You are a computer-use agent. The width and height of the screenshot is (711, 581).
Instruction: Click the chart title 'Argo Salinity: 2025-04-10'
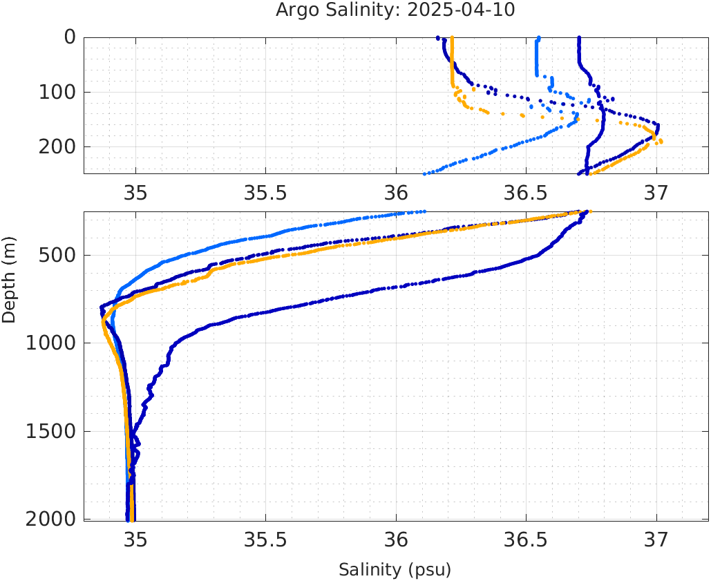(395, 10)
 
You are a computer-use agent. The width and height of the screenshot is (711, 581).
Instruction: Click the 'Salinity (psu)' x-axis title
(395, 570)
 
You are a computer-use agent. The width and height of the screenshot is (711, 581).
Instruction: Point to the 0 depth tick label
(70, 37)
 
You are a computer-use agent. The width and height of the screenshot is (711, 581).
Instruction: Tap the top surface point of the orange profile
(452, 38)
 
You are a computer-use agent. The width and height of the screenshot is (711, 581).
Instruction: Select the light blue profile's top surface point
(539, 38)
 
